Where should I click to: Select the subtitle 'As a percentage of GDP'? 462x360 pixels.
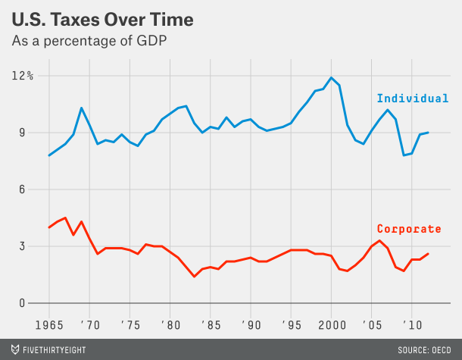click(89, 41)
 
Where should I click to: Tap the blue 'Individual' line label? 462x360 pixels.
click(413, 99)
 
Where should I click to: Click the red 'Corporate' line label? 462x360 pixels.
click(409, 229)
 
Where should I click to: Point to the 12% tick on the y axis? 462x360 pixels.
click(21, 76)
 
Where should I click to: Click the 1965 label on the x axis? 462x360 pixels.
click(49, 323)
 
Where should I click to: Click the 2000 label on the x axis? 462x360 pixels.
click(331, 323)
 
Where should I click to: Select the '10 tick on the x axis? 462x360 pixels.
click(412, 323)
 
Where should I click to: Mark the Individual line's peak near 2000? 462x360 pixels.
click(331, 77)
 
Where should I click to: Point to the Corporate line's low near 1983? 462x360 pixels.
click(195, 277)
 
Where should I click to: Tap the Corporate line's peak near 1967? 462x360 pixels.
click(65, 218)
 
